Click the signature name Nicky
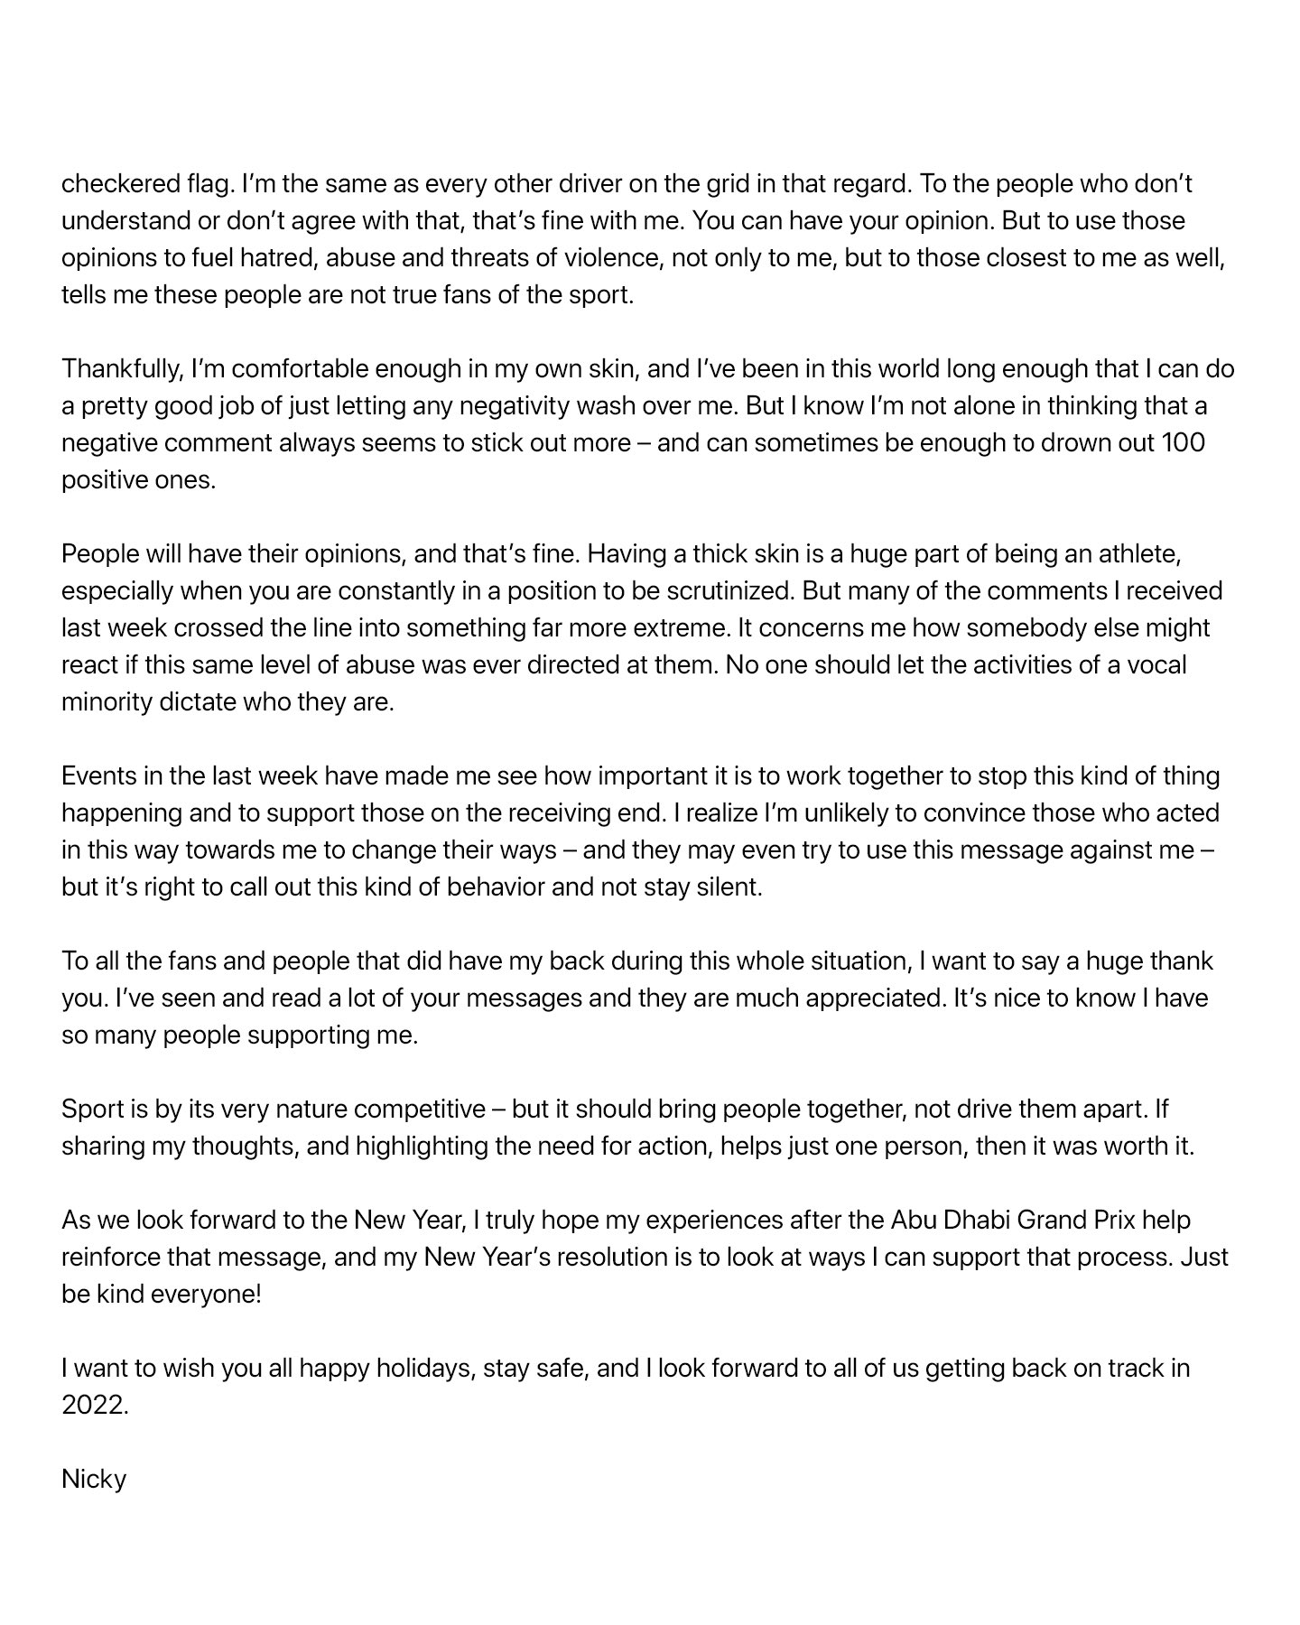pos(94,1480)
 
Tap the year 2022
pos(94,1406)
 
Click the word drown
pos(1065,443)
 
